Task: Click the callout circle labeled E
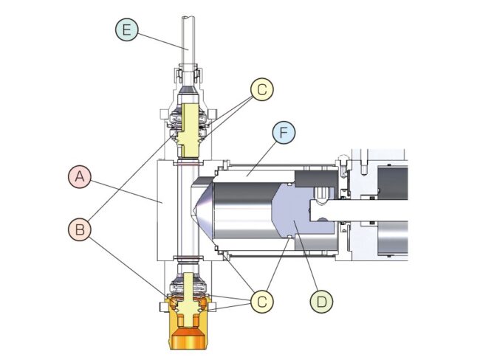[126, 30]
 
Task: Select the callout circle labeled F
[284, 134]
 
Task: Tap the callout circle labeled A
[79, 177]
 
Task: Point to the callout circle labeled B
[79, 229]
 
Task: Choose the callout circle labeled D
[321, 300]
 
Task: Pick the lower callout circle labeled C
[261, 300]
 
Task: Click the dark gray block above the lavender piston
[318, 178]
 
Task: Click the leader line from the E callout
[162, 40]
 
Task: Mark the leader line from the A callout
[126, 189]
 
